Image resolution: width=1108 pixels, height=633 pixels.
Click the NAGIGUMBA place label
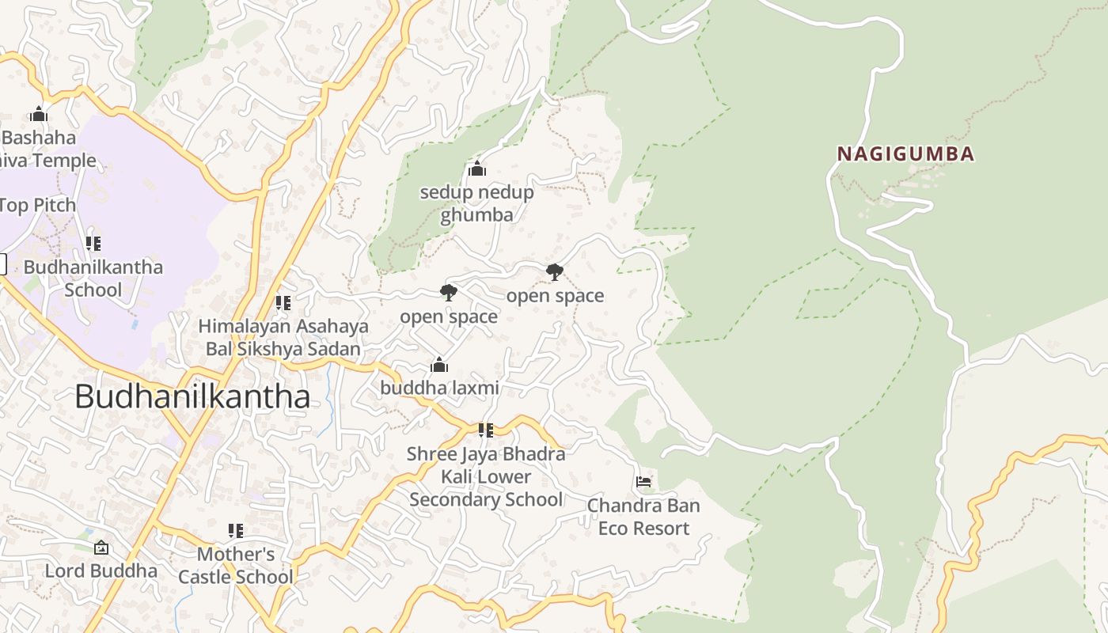(x=905, y=154)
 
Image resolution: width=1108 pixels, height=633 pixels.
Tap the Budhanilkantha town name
(x=192, y=396)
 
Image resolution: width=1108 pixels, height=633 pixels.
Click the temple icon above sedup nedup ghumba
(x=476, y=169)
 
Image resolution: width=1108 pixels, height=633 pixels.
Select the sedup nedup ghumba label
(x=476, y=203)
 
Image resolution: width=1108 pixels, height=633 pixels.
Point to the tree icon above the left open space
(x=449, y=293)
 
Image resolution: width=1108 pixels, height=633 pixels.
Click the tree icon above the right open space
(x=555, y=272)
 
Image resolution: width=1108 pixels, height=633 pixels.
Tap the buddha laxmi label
(x=439, y=388)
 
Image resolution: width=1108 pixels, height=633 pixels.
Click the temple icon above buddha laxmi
(x=439, y=365)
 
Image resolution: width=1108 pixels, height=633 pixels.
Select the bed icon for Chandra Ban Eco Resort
(x=643, y=481)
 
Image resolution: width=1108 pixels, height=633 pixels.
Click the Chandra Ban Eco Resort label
(x=643, y=517)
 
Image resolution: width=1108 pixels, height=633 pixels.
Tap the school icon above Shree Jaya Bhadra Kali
(x=486, y=430)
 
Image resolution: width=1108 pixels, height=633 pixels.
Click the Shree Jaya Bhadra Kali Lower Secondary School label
(x=486, y=476)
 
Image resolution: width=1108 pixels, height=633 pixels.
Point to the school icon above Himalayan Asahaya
(x=283, y=303)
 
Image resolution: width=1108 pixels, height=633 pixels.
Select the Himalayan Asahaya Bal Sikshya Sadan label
(x=283, y=337)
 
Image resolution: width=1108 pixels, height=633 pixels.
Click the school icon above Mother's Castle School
(x=235, y=530)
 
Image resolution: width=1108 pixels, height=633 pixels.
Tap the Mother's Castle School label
(x=235, y=565)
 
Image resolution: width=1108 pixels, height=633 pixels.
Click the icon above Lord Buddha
(x=101, y=548)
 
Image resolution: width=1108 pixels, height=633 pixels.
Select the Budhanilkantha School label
(x=93, y=278)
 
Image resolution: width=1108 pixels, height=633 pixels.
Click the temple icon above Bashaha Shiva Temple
(x=39, y=114)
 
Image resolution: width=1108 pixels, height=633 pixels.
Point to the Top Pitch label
(x=38, y=205)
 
